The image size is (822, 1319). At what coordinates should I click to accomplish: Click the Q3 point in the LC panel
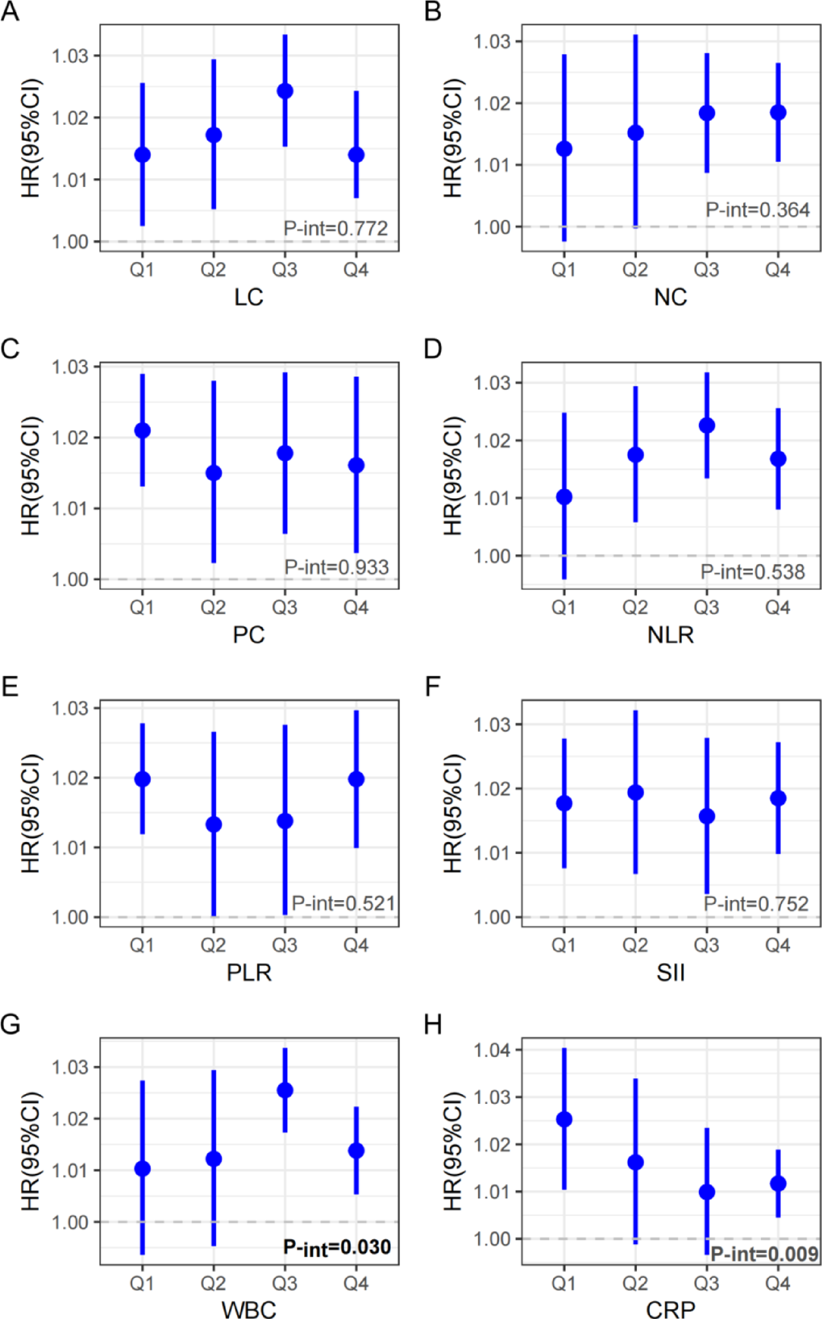[x=285, y=91]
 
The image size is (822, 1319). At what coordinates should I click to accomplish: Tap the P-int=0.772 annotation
[x=335, y=228]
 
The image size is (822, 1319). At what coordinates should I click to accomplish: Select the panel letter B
[x=433, y=11]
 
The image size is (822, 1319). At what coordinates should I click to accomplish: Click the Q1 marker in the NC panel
[x=564, y=149]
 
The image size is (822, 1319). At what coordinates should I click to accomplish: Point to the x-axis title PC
[x=249, y=635]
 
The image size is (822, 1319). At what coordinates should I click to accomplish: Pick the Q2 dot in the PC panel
[x=214, y=473]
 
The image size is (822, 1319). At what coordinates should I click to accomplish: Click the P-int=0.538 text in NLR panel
[x=752, y=572]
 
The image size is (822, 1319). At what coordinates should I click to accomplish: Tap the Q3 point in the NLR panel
[x=707, y=426]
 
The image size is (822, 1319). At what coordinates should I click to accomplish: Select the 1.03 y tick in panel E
[x=70, y=709]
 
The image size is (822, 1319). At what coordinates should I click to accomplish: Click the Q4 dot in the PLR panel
[x=356, y=779]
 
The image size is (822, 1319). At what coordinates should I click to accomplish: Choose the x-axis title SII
[x=671, y=973]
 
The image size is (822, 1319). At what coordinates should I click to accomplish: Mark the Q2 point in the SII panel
[x=636, y=792]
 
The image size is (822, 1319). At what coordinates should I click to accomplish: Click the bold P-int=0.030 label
[x=337, y=1247]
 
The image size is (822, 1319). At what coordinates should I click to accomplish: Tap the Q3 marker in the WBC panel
[x=285, y=1090]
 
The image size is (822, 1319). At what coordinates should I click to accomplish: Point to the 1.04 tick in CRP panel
[x=492, y=1050]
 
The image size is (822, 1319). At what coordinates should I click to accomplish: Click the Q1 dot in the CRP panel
[x=564, y=1120]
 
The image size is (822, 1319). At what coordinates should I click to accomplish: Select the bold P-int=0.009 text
[x=763, y=1254]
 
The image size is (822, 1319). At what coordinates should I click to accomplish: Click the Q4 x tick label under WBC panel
[x=356, y=1283]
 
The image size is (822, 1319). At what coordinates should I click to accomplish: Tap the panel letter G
[x=11, y=1025]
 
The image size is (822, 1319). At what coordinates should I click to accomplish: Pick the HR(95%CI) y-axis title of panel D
[x=453, y=475]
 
